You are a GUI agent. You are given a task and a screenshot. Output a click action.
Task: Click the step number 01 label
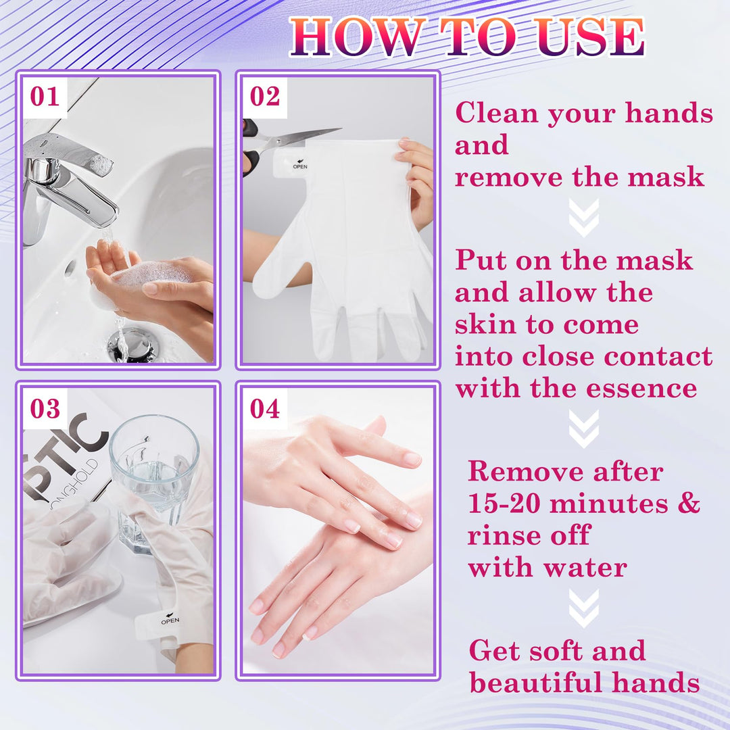pos(45,97)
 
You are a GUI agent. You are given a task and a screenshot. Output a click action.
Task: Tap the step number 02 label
pos(265,97)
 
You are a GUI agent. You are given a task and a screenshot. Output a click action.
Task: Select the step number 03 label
pos(45,408)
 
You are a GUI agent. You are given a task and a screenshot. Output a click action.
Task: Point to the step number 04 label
pos(265,408)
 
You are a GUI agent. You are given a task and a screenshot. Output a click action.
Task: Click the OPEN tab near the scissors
pos(299,165)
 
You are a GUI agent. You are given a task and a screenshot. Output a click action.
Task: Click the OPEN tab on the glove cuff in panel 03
pos(169,619)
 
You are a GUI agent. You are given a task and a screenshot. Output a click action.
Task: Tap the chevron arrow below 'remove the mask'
pos(583,218)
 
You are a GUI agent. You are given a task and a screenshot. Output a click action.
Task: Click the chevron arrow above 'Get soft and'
pos(583,608)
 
